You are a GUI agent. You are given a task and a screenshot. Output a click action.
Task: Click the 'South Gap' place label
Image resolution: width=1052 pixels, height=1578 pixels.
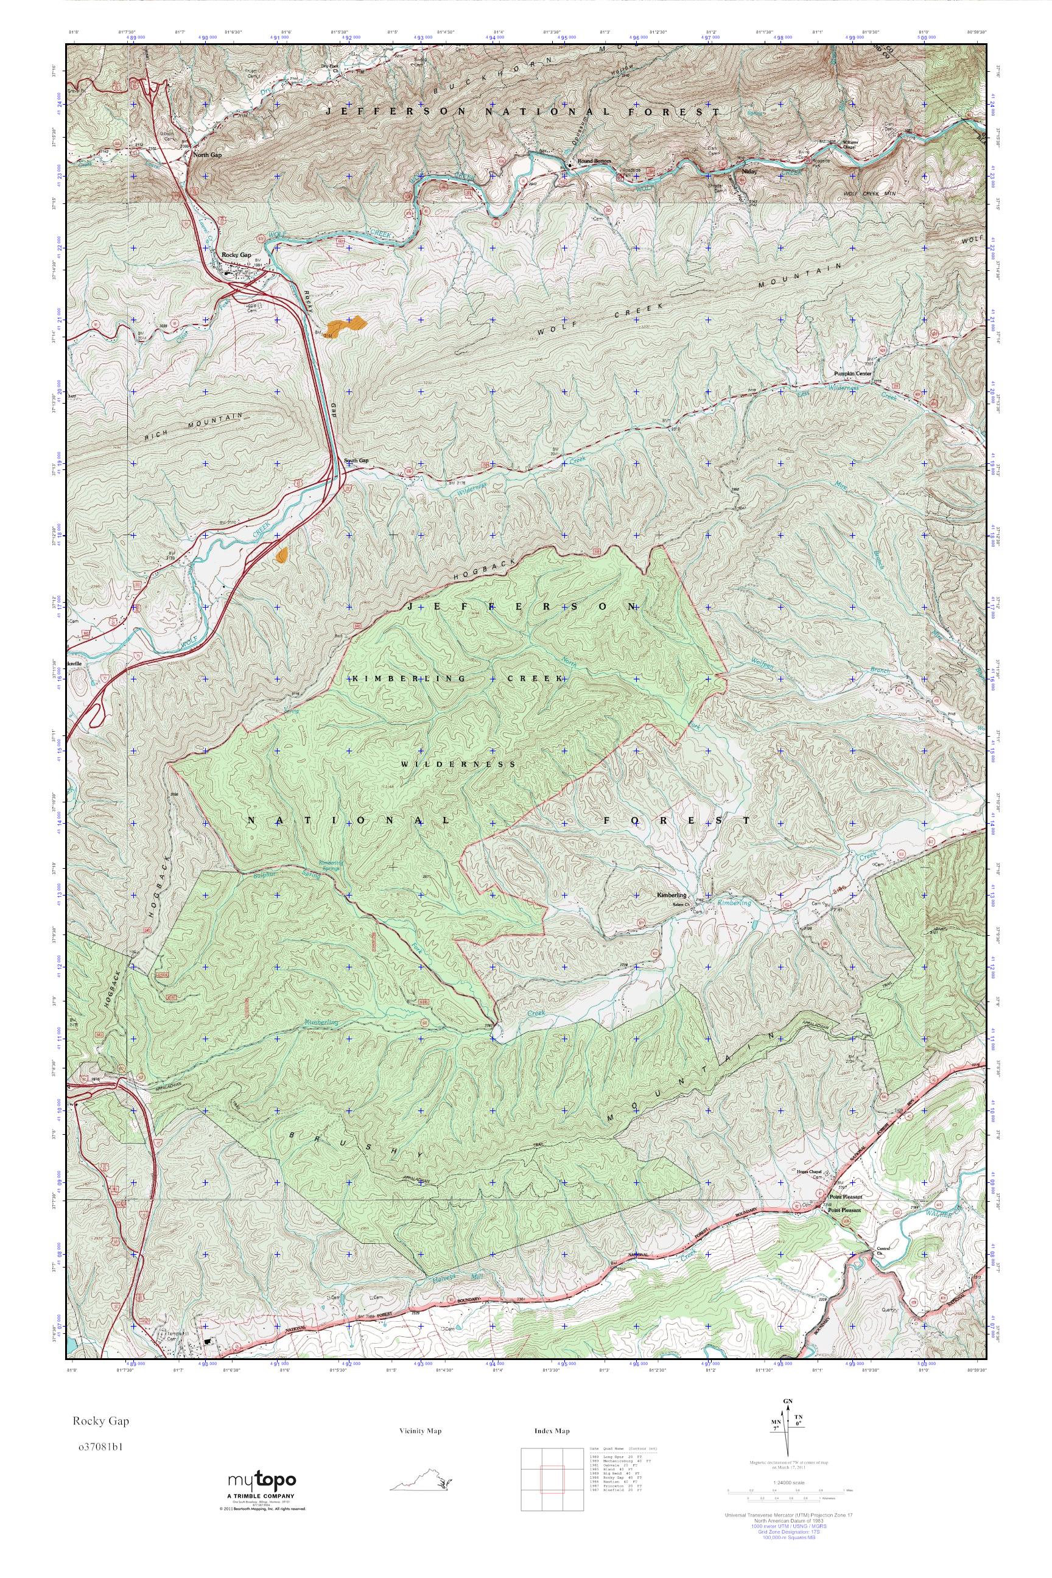[356, 461]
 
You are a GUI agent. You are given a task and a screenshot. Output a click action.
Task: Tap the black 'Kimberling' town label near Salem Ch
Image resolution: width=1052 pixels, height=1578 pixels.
[672, 896]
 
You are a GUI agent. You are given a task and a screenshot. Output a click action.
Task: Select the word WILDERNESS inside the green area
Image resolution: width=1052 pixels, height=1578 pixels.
[459, 764]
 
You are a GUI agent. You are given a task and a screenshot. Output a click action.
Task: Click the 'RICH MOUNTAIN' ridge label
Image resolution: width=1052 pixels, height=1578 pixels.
[193, 427]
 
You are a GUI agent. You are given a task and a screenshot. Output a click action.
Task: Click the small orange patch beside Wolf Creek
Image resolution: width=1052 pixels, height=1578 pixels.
[282, 554]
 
